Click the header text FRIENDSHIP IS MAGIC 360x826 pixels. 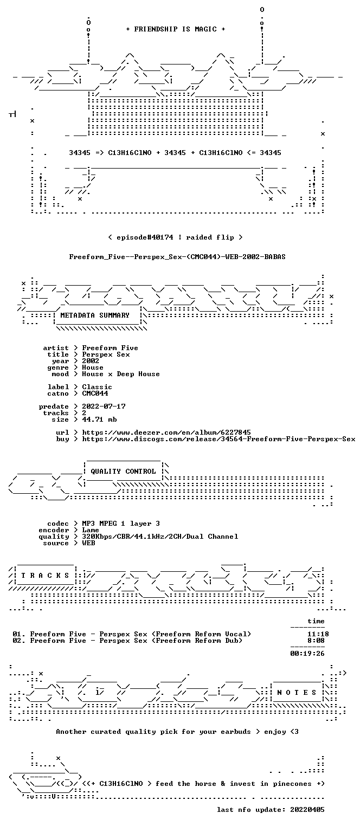[175, 29]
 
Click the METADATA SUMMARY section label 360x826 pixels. [95, 315]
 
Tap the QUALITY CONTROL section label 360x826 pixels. [123, 471]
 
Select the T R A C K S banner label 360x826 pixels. [45, 575]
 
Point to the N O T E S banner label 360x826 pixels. [297, 692]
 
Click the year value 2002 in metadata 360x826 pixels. [91, 361]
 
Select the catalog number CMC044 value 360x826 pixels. [95, 393]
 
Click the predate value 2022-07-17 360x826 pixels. [104, 406]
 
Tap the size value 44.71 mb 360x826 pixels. [99, 420]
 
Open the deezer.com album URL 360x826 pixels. [166, 432]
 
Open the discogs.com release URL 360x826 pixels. [218, 439]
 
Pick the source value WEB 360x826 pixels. [88, 543]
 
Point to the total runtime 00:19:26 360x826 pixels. [307, 654]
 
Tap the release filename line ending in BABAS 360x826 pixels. [177, 257]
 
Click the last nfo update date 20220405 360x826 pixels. [307, 809]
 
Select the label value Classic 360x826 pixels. [97, 387]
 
